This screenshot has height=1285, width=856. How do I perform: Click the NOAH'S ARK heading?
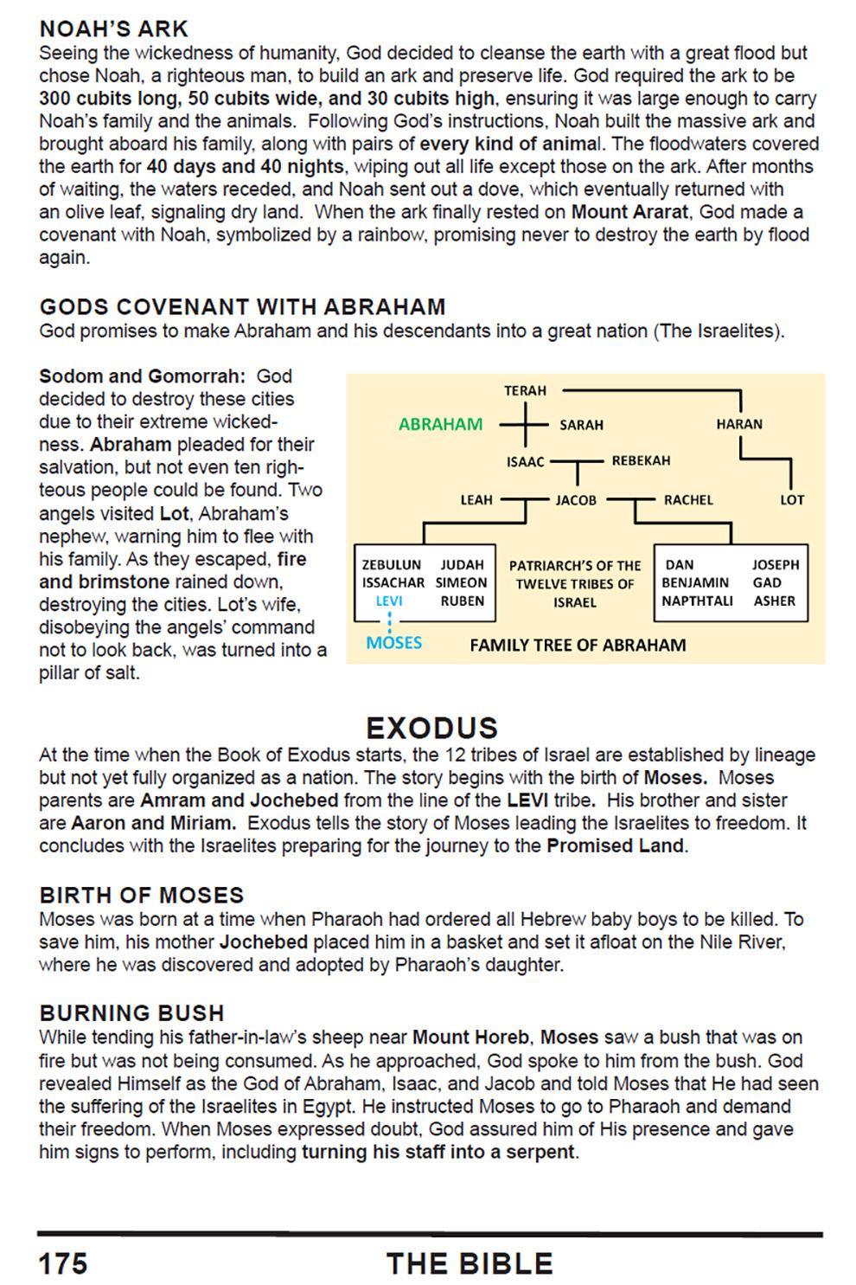[x=114, y=29]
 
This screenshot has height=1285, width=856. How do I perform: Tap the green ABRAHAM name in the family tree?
[x=440, y=425]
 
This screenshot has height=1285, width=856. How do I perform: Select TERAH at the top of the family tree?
[x=526, y=390]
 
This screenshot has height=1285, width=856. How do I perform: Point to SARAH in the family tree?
[x=582, y=425]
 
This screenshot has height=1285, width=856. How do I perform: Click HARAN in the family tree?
[x=739, y=424]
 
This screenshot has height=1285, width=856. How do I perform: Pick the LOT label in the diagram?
[x=792, y=499]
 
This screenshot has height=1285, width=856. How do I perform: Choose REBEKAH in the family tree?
[x=641, y=460]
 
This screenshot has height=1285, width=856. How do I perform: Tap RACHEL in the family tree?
[x=688, y=499]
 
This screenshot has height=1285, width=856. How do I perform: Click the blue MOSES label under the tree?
[x=394, y=643]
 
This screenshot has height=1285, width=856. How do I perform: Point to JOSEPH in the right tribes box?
[x=776, y=564]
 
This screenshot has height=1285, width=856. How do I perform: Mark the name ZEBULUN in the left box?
[x=392, y=564]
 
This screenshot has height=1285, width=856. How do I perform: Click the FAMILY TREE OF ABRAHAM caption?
[x=578, y=645]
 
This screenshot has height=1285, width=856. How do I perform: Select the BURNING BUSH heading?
[x=131, y=1013]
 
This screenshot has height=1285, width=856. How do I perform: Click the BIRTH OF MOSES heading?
[x=142, y=896]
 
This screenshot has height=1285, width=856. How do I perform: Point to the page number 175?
[x=63, y=1263]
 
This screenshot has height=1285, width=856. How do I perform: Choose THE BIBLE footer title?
[x=470, y=1263]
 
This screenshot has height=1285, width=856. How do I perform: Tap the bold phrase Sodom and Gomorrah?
[x=142, y=376]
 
